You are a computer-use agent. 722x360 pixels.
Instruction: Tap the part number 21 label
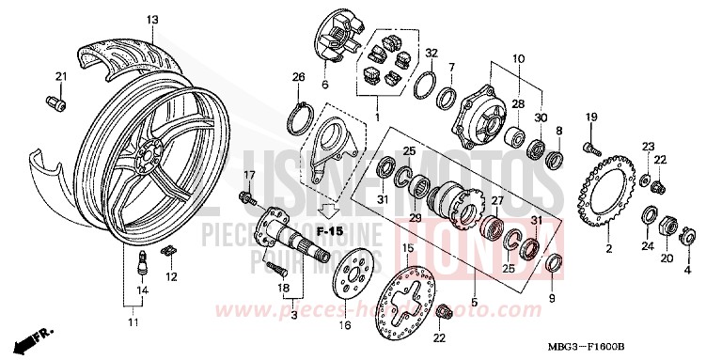(60, 76)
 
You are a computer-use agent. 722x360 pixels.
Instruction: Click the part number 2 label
(608, 248)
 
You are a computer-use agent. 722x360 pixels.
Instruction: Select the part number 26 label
(299, 76)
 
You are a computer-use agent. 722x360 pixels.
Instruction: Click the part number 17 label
(250, 175)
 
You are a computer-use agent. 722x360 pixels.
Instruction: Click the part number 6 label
(325, 85)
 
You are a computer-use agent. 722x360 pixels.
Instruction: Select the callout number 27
(497, 200)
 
